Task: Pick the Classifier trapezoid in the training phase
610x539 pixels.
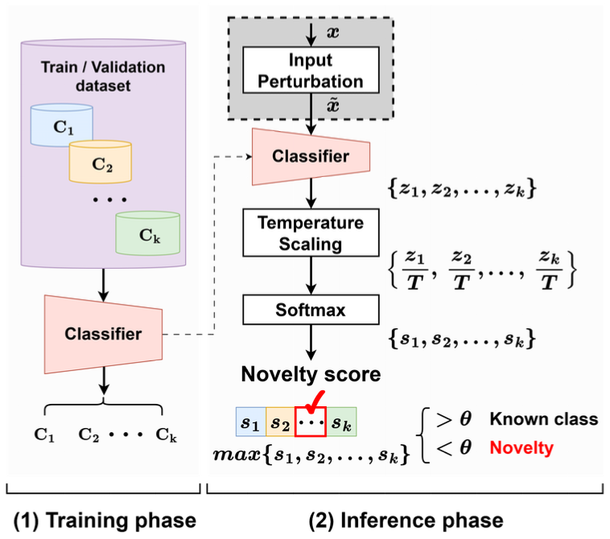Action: point(104,334)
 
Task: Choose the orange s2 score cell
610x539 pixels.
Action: point(278,421)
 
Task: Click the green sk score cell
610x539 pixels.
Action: point(340,421)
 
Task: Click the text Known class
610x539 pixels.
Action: point(544,418)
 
